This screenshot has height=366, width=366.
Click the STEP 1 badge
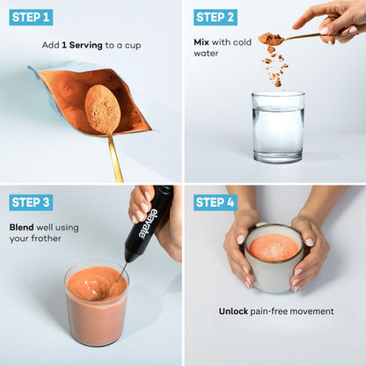(31, 18)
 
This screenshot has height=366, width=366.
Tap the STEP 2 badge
(216, 18)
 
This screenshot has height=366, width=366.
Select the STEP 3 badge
(31, 202)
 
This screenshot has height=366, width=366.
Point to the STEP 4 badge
(216, 202)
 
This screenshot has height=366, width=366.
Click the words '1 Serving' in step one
(82, 46)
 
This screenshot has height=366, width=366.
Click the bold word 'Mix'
(201, 42)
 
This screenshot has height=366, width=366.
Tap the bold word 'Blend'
(21, 228)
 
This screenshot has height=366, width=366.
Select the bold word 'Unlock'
(233, 311)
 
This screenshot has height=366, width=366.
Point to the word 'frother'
(47, 238)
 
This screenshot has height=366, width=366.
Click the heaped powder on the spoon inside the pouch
(102, 106)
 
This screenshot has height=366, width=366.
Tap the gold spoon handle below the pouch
(115, 158)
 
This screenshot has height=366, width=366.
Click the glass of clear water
(278, 127)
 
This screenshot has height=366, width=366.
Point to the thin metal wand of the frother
(122, 272)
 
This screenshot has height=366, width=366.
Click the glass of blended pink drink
(97, 304)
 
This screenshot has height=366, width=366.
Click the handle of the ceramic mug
(260, 224)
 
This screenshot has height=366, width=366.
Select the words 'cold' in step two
(242, 42)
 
